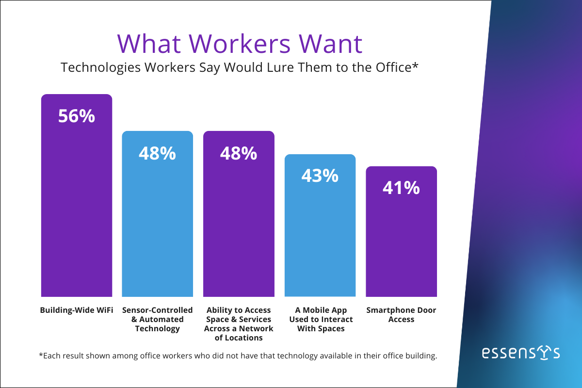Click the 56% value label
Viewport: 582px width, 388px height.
coord(77,116)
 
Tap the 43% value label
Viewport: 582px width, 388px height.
coord(320,176)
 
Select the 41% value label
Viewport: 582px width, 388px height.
coord(401,188)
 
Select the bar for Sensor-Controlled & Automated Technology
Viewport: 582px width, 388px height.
coord(157,223)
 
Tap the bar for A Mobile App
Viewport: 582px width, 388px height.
coord(320,233)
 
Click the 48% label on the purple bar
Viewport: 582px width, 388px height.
coord(239,153)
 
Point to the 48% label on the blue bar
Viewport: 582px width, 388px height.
coord(157,153)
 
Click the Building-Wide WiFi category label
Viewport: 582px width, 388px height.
coord(77,310)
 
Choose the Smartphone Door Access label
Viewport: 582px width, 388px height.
coord(401,315)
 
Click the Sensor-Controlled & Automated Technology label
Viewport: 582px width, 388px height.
coord(158,319)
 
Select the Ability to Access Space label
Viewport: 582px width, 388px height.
coord(239,324)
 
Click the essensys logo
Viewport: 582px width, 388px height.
coord(521,353)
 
